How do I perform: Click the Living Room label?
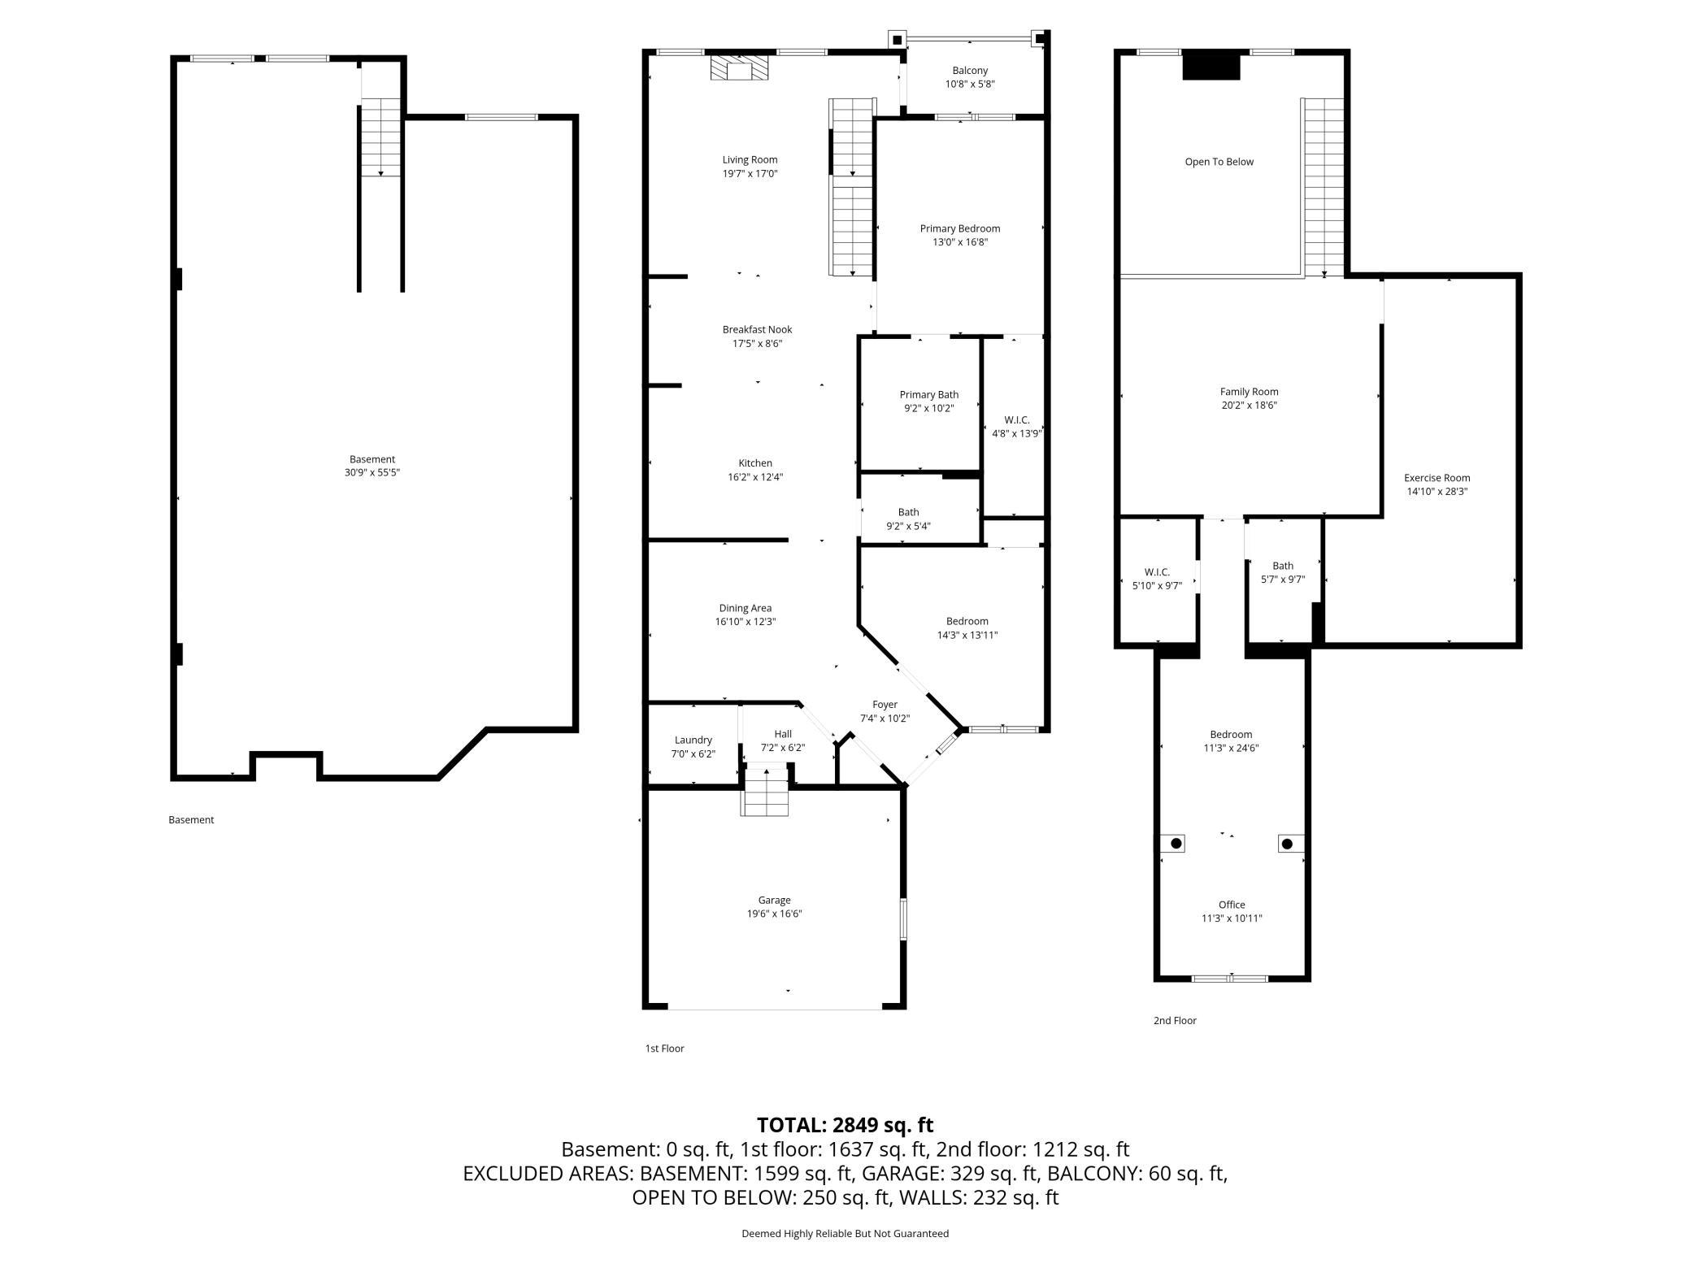point(750,160)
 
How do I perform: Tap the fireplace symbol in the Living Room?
point(739,68)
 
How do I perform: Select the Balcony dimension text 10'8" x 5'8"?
point(969,85)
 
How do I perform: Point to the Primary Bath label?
point(928,395)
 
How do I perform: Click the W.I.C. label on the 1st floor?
point(1016,420)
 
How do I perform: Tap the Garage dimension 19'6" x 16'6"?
point(774,914)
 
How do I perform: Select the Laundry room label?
point(693,740)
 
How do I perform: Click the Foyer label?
point(885,705)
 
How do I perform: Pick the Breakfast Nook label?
point(757,330)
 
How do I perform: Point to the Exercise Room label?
point(1437,478)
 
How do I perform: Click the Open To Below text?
point(1219,162)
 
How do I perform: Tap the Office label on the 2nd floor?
point(1232,905)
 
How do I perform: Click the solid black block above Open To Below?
point(1211,65)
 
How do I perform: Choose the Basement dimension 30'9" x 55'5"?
point(372,472)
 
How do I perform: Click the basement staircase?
point(380,137)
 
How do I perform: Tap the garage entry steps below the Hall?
point(765,792)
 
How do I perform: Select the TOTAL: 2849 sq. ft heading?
point(845,1125)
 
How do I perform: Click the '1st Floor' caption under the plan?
point(664,1049)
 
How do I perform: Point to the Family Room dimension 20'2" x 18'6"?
point(1249,405)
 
